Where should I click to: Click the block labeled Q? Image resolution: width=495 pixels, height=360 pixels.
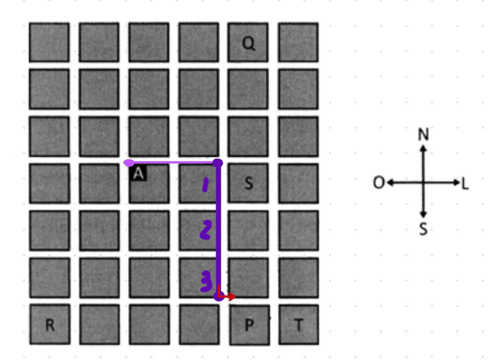tap(248, 42)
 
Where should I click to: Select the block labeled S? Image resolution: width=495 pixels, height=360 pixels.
tap(248, 183)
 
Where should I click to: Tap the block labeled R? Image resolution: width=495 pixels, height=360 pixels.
tap(50, 324)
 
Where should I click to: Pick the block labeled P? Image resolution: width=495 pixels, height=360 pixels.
tap(250, 325)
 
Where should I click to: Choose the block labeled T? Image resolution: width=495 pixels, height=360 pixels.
tap(299, 325)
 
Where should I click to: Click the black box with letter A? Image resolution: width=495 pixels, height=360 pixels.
tap(138, 173)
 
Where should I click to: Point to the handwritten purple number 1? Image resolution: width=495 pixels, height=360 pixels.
tap(205, 185)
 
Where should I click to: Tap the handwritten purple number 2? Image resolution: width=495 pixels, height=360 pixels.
tap(205, 230)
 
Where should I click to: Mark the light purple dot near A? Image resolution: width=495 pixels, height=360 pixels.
tap(129, 163)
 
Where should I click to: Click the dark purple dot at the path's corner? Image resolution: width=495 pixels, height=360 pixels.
tap(218, 163)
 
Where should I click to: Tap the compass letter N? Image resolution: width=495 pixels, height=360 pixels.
tap(423, 134)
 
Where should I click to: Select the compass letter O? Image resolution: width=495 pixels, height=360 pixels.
tap(379, 182)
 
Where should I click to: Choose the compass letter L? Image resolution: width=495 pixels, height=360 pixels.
tap(466, 184)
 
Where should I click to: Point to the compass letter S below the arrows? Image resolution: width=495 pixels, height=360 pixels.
tap(423, 229)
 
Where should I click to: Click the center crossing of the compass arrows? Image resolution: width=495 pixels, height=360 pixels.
tap(423, 182)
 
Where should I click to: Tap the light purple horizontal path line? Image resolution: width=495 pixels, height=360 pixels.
tap(174, 163)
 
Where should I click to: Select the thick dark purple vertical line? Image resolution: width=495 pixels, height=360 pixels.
tap(218, 230)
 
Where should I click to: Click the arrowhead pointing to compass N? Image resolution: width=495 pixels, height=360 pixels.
tap(423, 148)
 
